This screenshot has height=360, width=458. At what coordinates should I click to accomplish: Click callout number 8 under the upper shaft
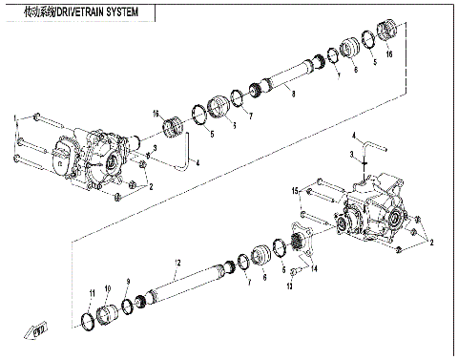coord(294,93)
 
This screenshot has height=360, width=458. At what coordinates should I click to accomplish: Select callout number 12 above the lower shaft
coord(177,262)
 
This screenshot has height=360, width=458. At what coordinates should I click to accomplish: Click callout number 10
coord(108,288)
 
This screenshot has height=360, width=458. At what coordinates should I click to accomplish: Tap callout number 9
coord(128,283)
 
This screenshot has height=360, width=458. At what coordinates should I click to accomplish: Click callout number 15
coord(296,192)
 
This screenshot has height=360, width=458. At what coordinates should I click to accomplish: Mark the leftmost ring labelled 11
coord(89,317)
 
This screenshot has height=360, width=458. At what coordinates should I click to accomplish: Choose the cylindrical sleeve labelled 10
coord(111,312)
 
